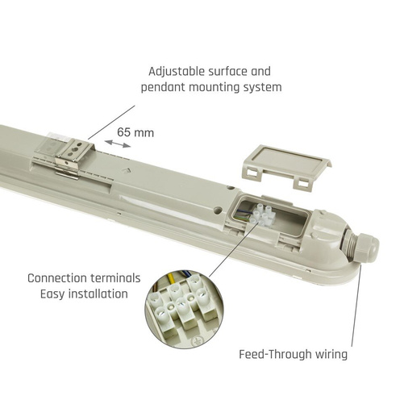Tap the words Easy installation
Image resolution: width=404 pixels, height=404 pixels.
84,294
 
